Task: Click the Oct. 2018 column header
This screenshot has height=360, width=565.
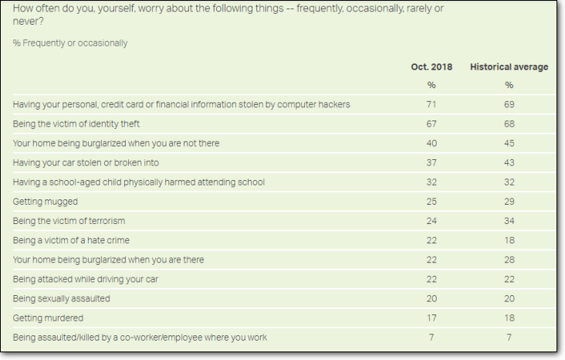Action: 431,67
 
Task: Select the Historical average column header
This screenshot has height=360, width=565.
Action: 509,67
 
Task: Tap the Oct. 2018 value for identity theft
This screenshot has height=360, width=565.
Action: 431,124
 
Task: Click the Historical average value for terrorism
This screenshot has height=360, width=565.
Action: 509,221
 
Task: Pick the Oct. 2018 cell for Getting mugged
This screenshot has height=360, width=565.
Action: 431,202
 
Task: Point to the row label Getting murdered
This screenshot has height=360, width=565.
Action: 48,318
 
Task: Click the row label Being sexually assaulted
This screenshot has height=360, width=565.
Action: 62,299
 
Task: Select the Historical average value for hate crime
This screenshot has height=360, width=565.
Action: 509,240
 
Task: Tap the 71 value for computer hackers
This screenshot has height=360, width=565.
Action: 431,104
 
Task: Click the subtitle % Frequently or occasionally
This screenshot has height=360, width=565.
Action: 70,43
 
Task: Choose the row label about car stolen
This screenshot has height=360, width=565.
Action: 86,163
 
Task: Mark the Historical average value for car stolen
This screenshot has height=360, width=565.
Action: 509,163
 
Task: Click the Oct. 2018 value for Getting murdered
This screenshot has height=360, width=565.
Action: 431,318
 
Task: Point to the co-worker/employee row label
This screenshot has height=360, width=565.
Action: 140,338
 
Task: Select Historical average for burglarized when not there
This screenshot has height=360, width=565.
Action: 509,143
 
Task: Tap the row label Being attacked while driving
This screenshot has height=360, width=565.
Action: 86,280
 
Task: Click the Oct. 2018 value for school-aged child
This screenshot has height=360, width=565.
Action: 431,182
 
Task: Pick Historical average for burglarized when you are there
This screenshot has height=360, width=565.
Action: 509,260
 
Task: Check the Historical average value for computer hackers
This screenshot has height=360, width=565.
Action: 509,104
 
